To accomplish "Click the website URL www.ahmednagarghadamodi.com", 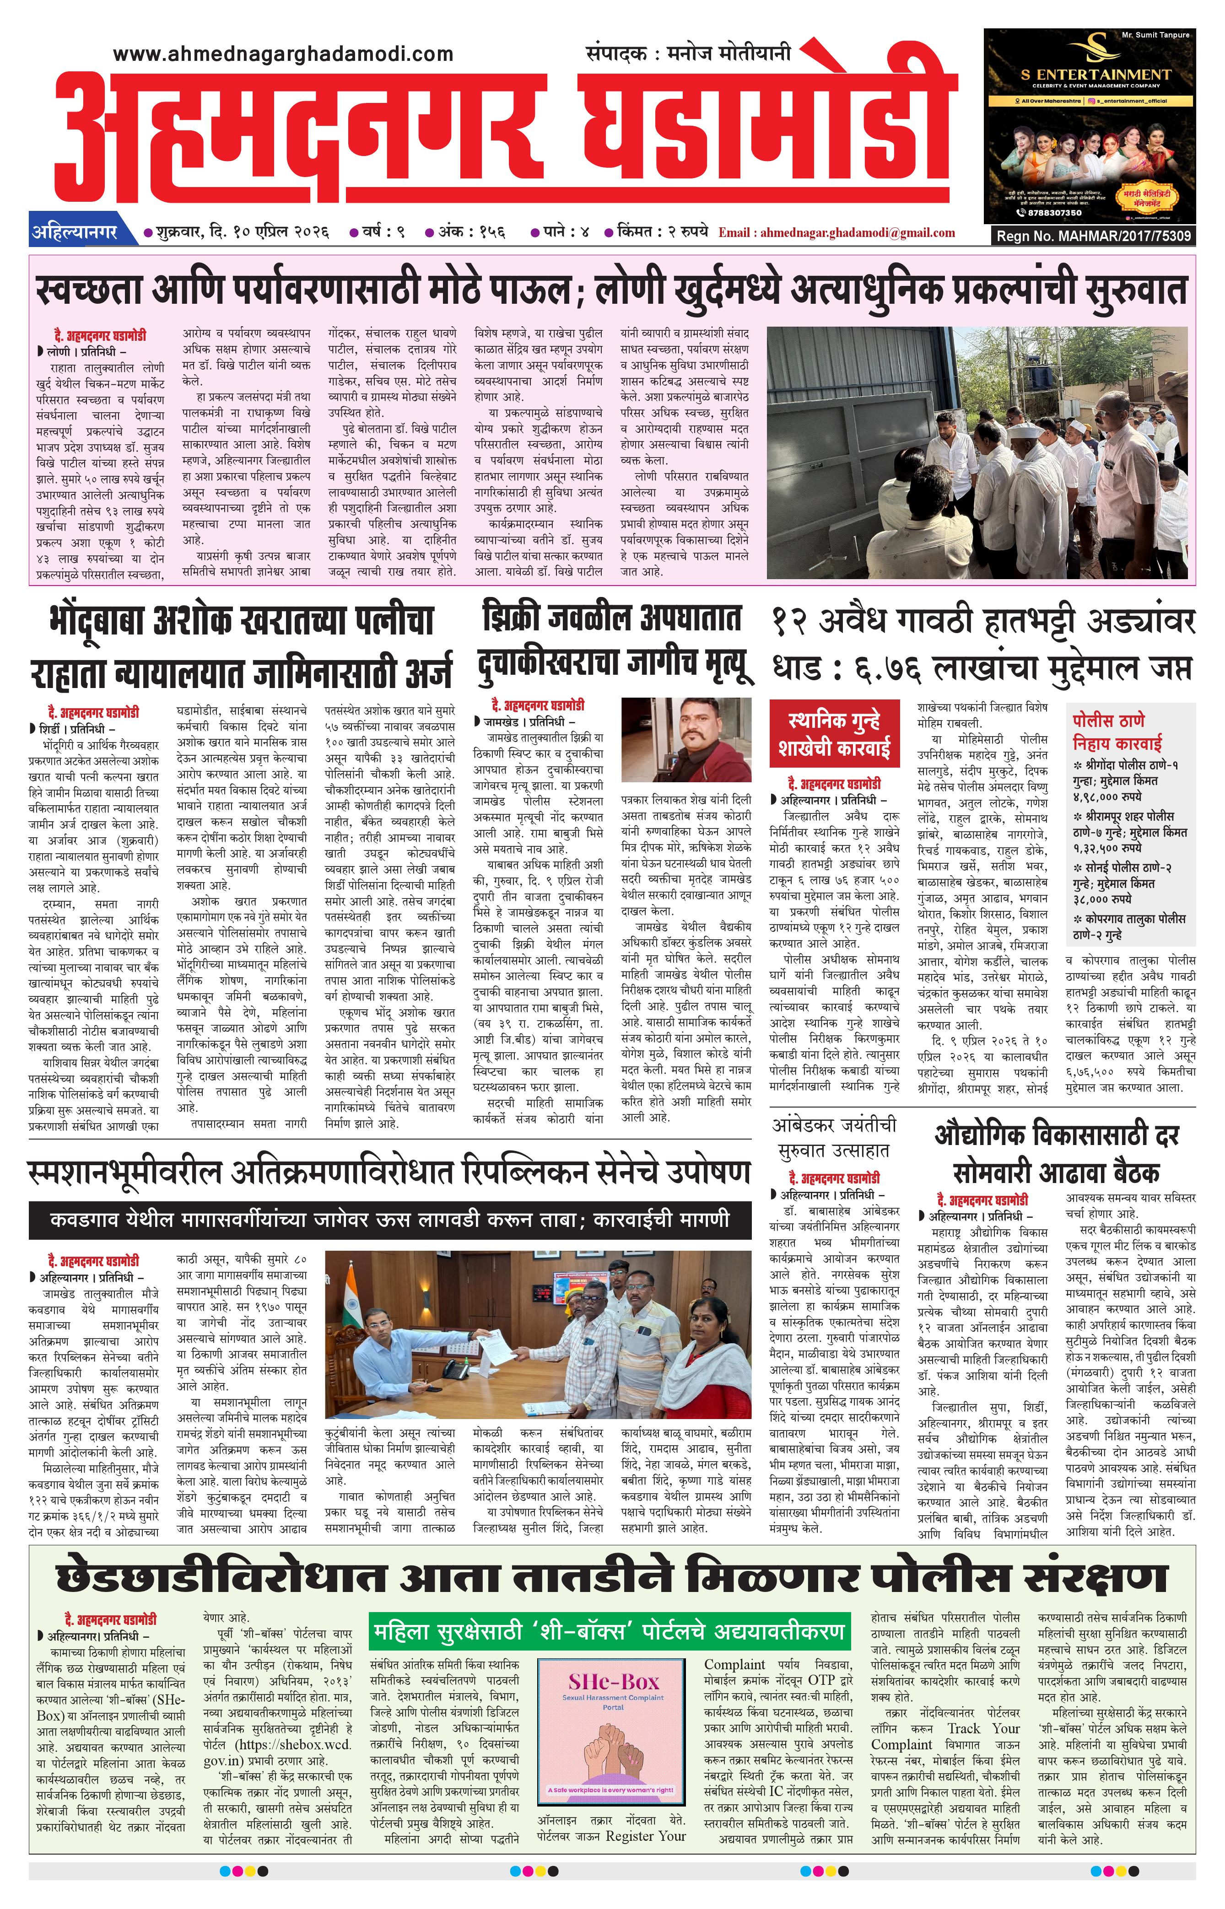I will [x=282, y=54].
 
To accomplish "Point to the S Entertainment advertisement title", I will [x=1095, y=74].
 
